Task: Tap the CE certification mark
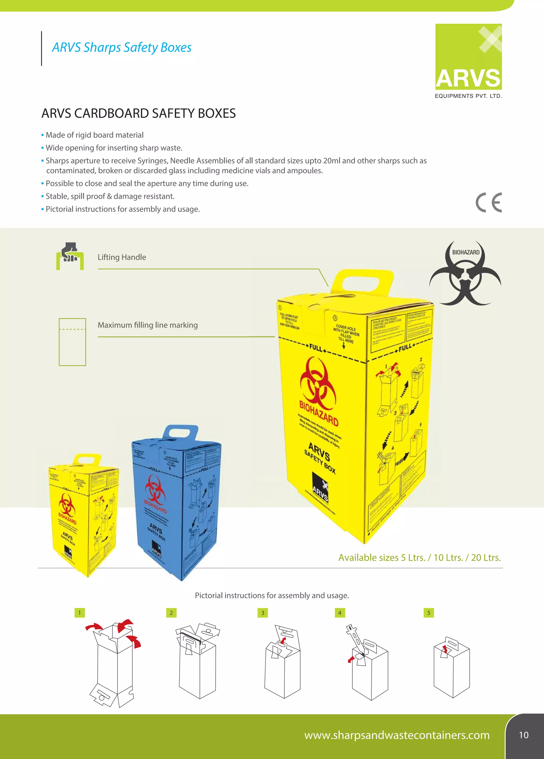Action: point(488,203)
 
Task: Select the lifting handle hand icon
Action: point(70,256)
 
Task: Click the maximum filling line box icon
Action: point(72,342)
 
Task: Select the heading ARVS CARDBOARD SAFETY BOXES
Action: point(138,114)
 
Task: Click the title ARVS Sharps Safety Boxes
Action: point(122,48)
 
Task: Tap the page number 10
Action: point(523,735)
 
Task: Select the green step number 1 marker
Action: point(80,613)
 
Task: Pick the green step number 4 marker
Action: point(340,613)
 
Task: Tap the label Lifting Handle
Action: point(122,257)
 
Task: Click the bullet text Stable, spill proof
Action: point(110,196)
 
